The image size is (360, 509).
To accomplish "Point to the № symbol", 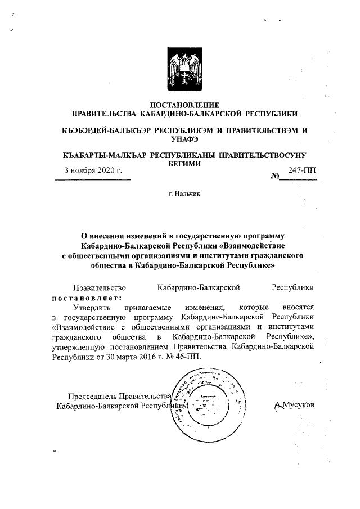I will pos(276,176).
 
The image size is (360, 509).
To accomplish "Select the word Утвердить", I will pos(93,308).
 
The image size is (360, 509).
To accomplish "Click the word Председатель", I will pos(93,394).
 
